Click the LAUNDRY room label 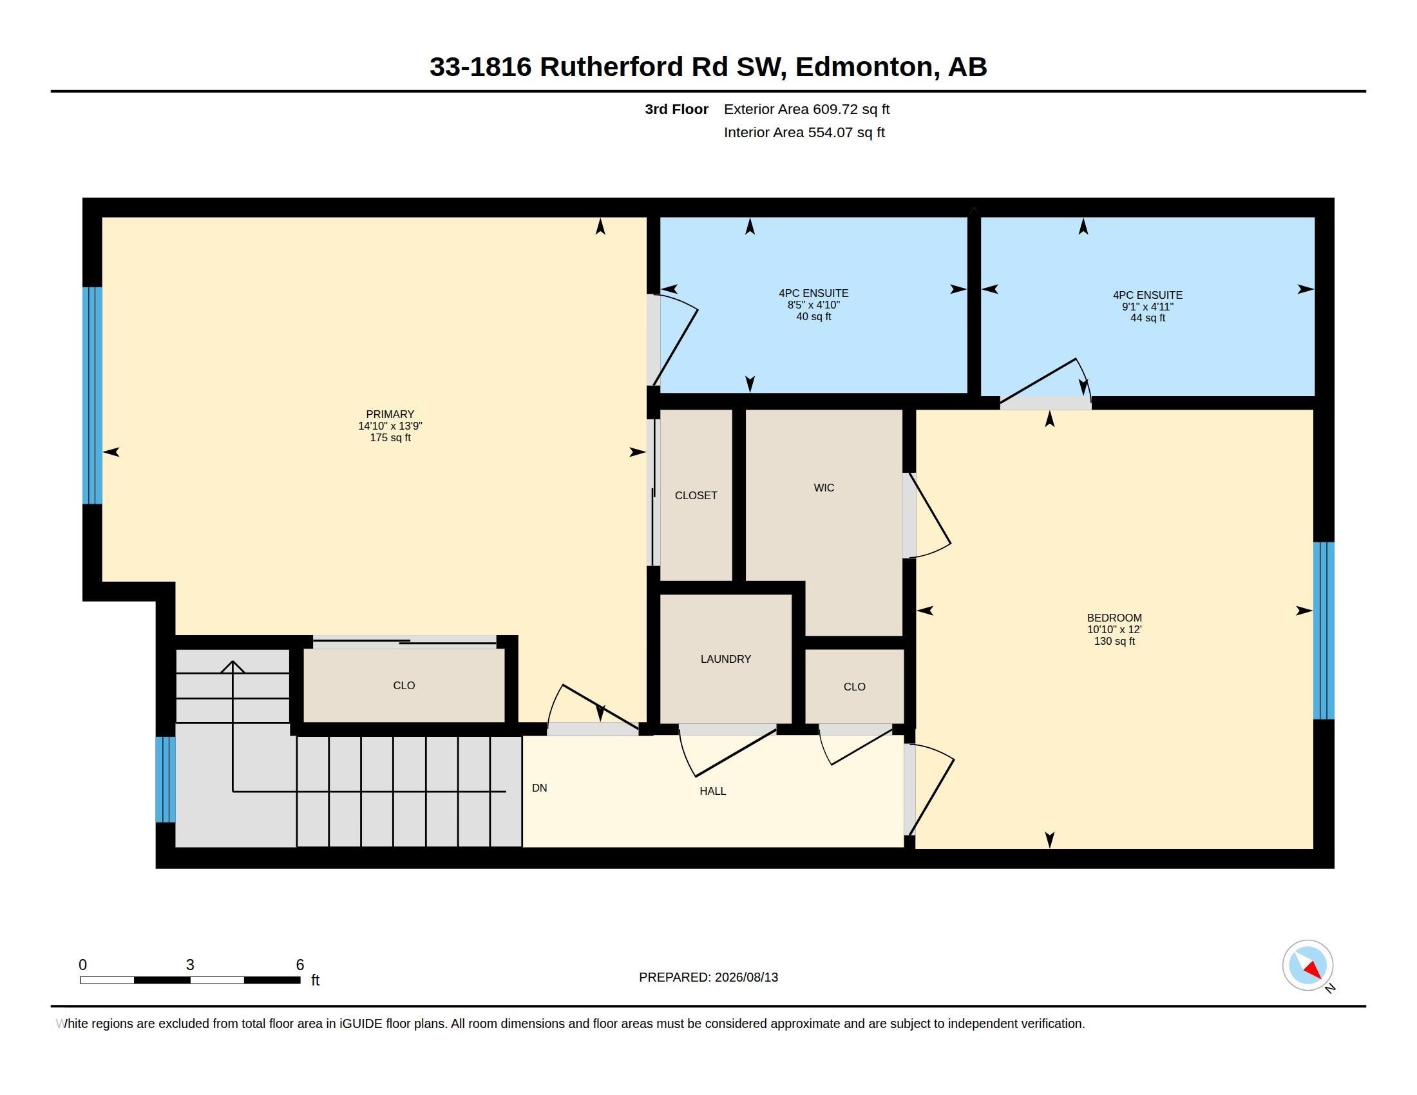[725, 659]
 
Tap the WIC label [824, 488]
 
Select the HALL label [712, 792]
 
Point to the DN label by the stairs [539, 788]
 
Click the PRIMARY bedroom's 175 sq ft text [390, 438]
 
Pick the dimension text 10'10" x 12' [1114, 630]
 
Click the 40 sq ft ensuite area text [813, 316]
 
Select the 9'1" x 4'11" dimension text [1148, 307]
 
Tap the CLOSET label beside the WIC [696, 495]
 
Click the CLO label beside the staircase [404, 686]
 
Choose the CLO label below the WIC [855, 687]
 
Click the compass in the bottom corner [1308, 966]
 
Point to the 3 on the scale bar [190, 965]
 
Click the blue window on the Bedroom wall [1324, 631]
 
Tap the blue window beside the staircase [166, 779]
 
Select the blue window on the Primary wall [92, 395]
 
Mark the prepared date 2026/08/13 [746, 977]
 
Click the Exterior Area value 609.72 [833, 109]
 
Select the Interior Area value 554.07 [828, 132]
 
